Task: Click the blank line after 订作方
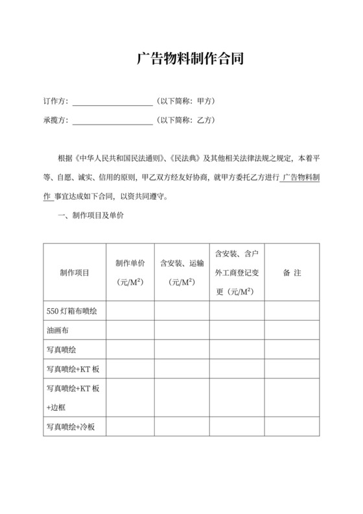(112, 102)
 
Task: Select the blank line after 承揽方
(112, 121)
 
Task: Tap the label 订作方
(55, 102)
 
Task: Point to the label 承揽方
(55, 121)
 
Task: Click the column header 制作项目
(75, 273)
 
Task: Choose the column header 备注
(292, 273)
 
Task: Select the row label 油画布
(58, 330)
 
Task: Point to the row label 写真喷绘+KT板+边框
(73, 398)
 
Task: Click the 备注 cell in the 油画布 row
(292, 330)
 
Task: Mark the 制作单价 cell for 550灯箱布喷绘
(130, 310)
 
